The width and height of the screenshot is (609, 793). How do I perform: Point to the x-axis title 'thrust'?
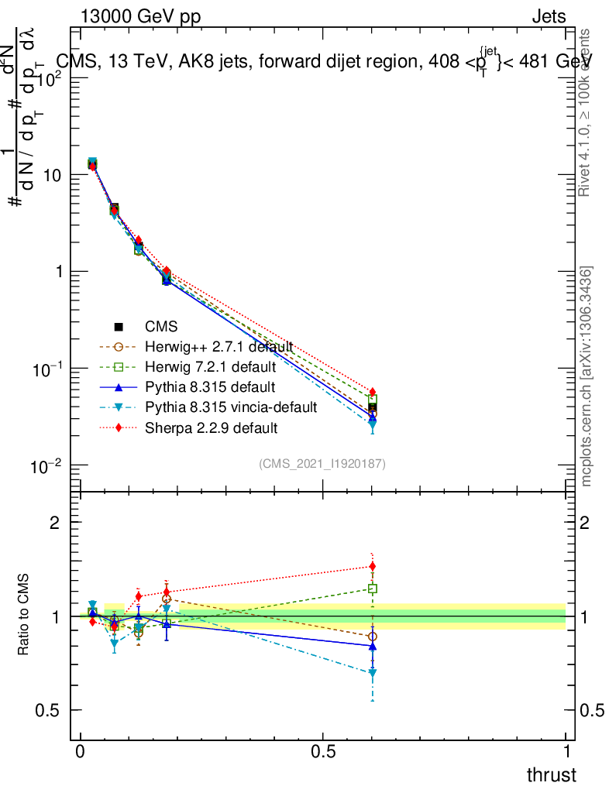(x=552, y=775)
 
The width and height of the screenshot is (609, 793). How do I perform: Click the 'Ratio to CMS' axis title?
(x=24, y=616)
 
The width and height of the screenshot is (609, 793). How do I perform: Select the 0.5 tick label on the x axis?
(x=323, y=752)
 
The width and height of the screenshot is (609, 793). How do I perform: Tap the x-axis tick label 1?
(x=566, y=752)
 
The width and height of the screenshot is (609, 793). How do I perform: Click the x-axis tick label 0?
(x=81, y=752)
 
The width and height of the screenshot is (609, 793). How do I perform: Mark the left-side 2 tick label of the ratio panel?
(x=55, y=523)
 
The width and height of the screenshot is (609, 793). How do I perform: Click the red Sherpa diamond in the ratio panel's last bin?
(x=373, y=566)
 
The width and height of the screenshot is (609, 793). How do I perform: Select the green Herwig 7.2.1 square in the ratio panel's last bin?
(x=373, y=589)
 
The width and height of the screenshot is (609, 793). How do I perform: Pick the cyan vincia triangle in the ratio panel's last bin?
(x=373, y=674)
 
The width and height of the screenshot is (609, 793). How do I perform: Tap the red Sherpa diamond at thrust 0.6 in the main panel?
(x=373, y=392)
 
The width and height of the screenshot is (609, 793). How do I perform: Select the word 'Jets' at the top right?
(x=549, y=17)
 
